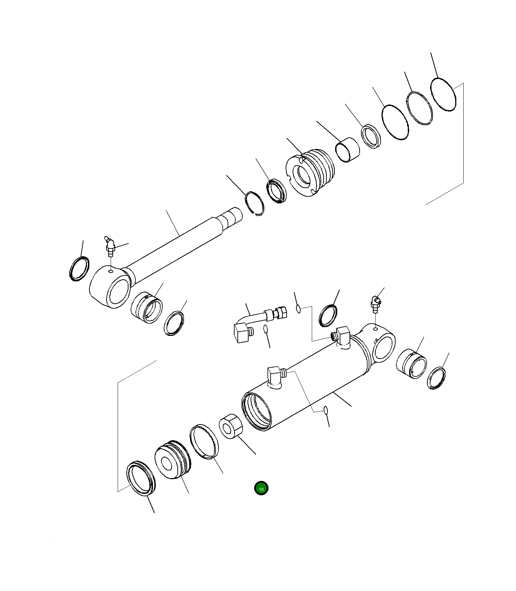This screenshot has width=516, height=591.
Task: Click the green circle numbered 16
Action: (x=261, y=488)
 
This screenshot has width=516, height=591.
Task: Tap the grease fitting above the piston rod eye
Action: (x=110, y=246)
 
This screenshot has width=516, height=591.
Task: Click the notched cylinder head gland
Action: (x=310, y=172)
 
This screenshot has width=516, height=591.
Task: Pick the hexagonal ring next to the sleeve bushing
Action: (x=372, y=136)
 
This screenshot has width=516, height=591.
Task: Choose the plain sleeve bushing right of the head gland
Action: (x=347, y=150)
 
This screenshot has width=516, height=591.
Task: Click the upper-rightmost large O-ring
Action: (x=443, y=94)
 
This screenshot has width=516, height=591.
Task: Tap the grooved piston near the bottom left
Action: (x=173, y=459)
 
